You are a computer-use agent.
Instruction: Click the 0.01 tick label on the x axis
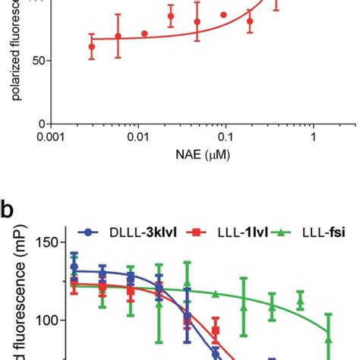137,139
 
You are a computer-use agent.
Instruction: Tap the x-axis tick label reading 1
312,139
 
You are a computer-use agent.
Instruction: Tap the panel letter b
8,209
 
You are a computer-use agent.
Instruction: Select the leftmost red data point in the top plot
92,46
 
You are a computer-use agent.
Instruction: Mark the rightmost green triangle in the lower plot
328,333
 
